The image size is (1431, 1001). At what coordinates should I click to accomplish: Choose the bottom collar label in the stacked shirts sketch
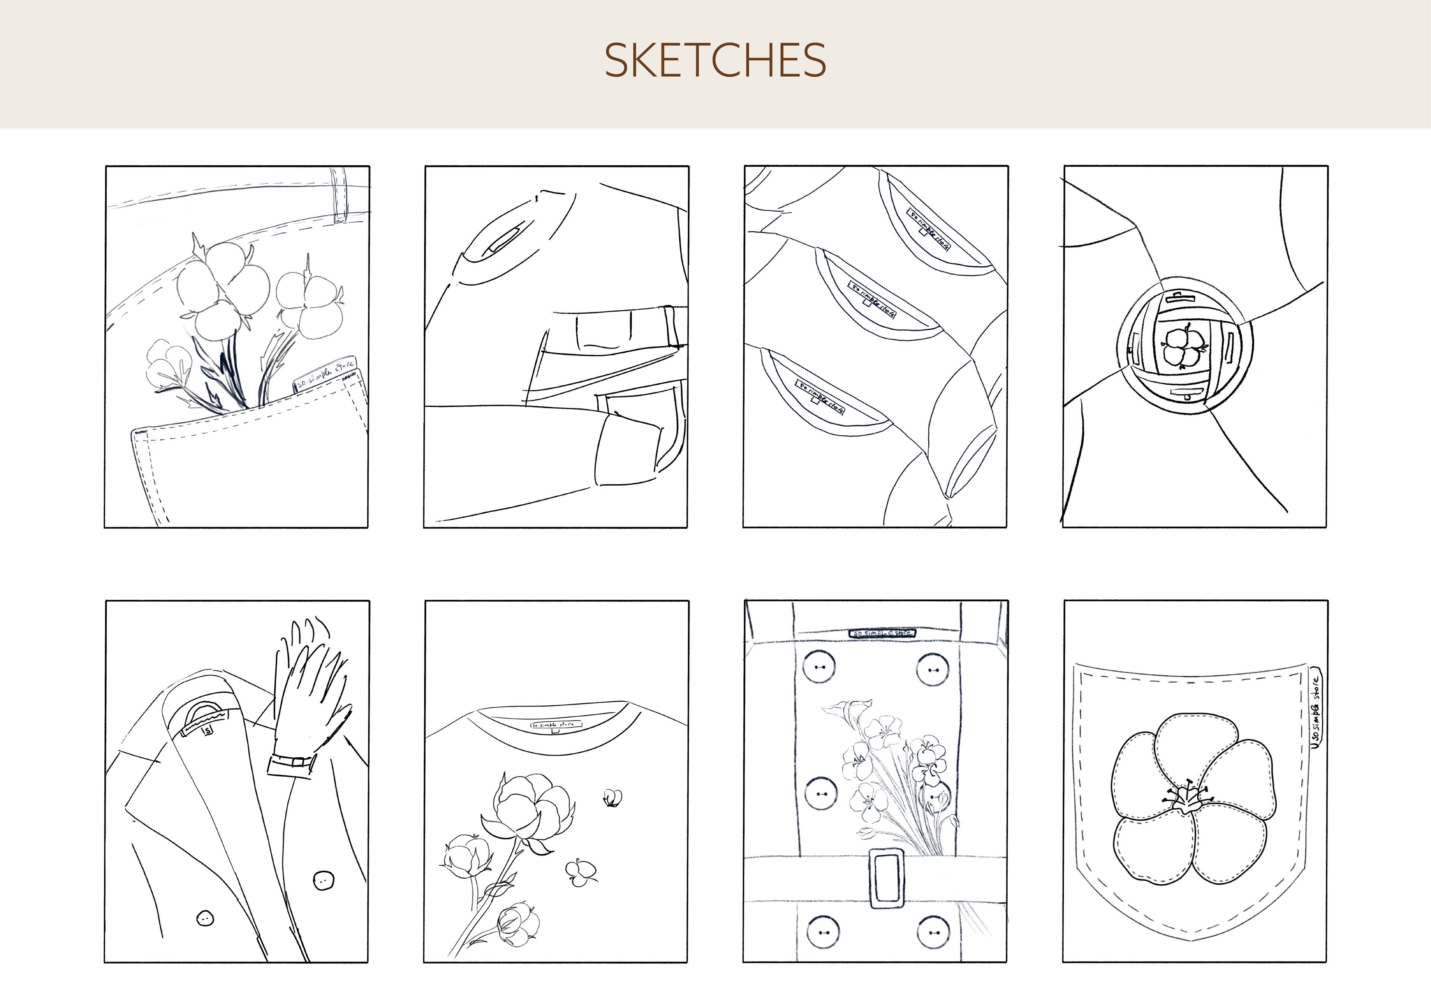(820, 397)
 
